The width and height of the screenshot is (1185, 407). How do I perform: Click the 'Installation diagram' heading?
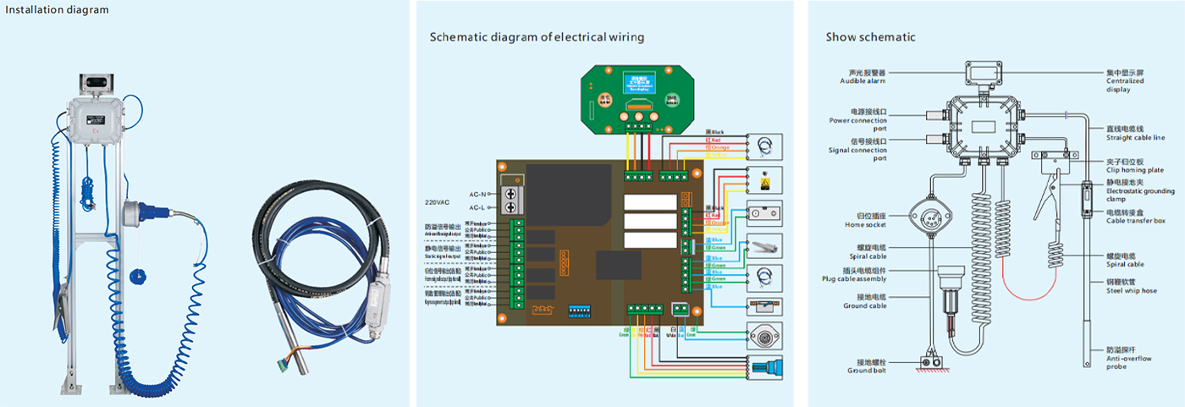(x=57, y=9)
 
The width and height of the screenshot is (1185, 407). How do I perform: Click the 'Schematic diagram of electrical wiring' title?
(x=537, y=37)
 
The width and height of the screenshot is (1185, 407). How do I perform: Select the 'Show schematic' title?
(x=870, y=37)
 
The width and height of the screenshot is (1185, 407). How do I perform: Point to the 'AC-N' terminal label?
(x=478, y=194)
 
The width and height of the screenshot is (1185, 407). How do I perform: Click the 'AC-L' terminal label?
(x=478, y=208)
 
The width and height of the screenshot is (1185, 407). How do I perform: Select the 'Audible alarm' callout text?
(x=863, y=77)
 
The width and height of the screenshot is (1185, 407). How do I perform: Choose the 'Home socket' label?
(x=864, y=222)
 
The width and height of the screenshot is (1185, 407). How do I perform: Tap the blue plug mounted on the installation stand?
(x=139, y=211)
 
